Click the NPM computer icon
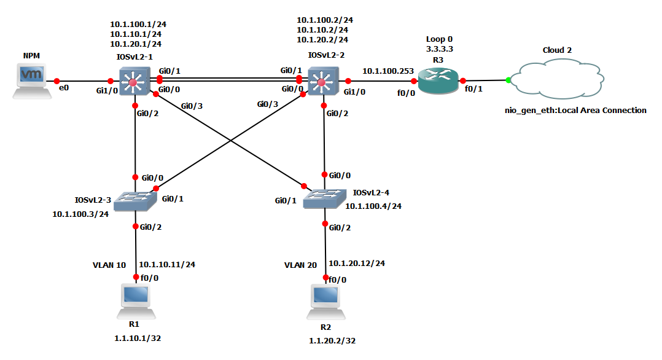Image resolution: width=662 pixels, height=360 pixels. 31,80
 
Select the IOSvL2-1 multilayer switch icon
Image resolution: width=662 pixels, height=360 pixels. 135,80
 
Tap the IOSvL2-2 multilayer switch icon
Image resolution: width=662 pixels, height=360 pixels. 322,80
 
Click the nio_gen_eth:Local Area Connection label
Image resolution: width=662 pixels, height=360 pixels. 571,111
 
